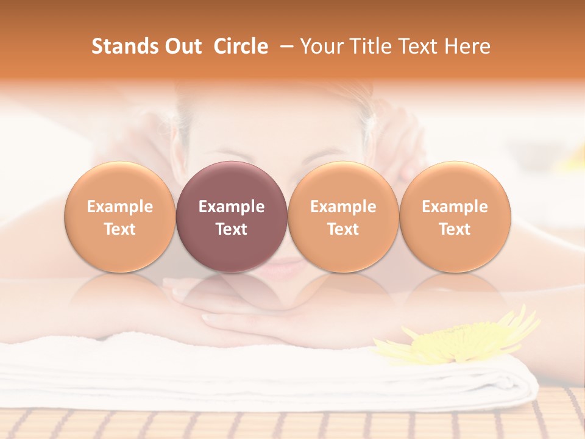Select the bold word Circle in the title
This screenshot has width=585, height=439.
[241, 46]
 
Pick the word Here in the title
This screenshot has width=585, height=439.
[467, 46]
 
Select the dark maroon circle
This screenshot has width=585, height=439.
[232, 216]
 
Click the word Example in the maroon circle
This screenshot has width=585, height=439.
[232, 207]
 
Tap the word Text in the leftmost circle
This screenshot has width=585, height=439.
[120, 229]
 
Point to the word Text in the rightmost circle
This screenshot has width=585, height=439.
[455, 229]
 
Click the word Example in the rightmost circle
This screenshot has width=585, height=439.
[455, 207]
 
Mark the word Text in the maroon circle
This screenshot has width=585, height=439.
[232, 229]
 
